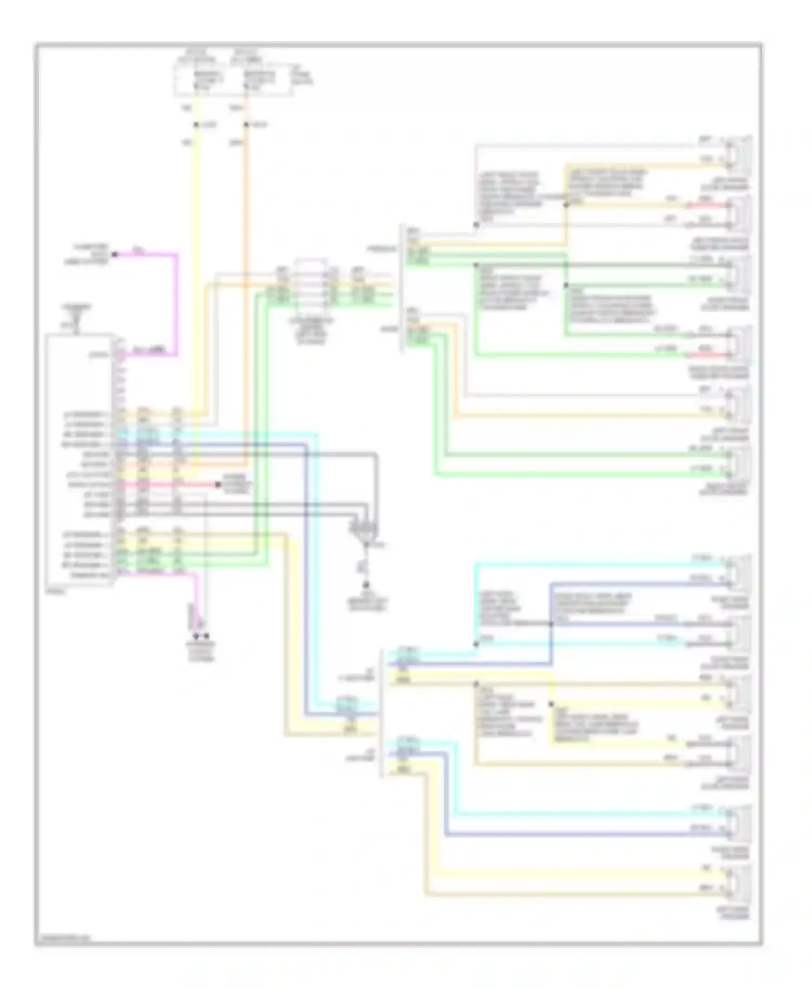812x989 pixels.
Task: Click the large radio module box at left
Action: pyautogui.click(x=80, y=460)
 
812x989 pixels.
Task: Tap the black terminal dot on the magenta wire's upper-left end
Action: pyautogui.click(x=115, y=254)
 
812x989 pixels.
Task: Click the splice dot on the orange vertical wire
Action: pyautogui.click(x=246, y=125)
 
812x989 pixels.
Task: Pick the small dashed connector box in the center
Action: pyautogui.click(x=311, y=287)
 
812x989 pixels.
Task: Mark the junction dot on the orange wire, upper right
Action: pyautogui.click(x=566, y=205)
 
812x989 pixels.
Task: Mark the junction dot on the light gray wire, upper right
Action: pyautogui.click(x=476, y=225)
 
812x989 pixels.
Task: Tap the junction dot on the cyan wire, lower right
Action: pyautogui.click(x=476, y=644)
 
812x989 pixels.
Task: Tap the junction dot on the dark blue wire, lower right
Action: pyautogui.click(x=551, y=624)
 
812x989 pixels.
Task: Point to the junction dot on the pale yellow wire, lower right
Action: pyautogui.click(x=551, y=704)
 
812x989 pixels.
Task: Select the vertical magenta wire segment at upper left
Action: pyautogui.click(x=177, y=303)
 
